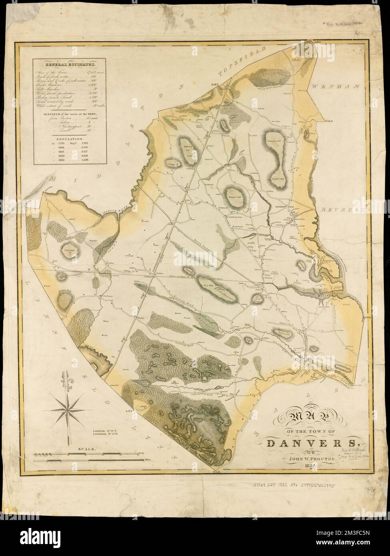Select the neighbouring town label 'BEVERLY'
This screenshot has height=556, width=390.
(x=342, y=209)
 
